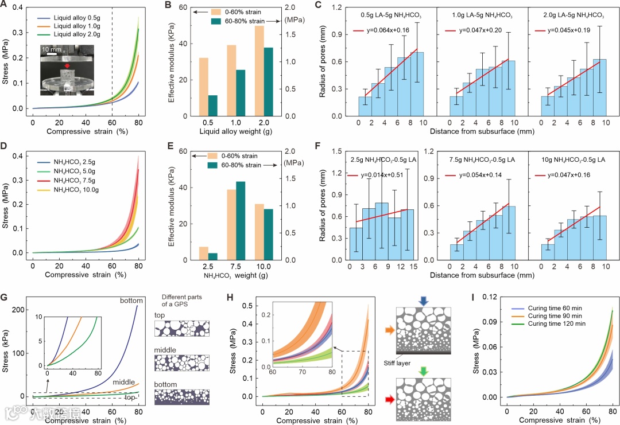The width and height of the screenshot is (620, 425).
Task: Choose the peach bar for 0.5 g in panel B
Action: click(203, 87)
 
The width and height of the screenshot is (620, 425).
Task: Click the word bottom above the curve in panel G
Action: click(131, 301)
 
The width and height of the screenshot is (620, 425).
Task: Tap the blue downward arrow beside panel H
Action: click(423, 301)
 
